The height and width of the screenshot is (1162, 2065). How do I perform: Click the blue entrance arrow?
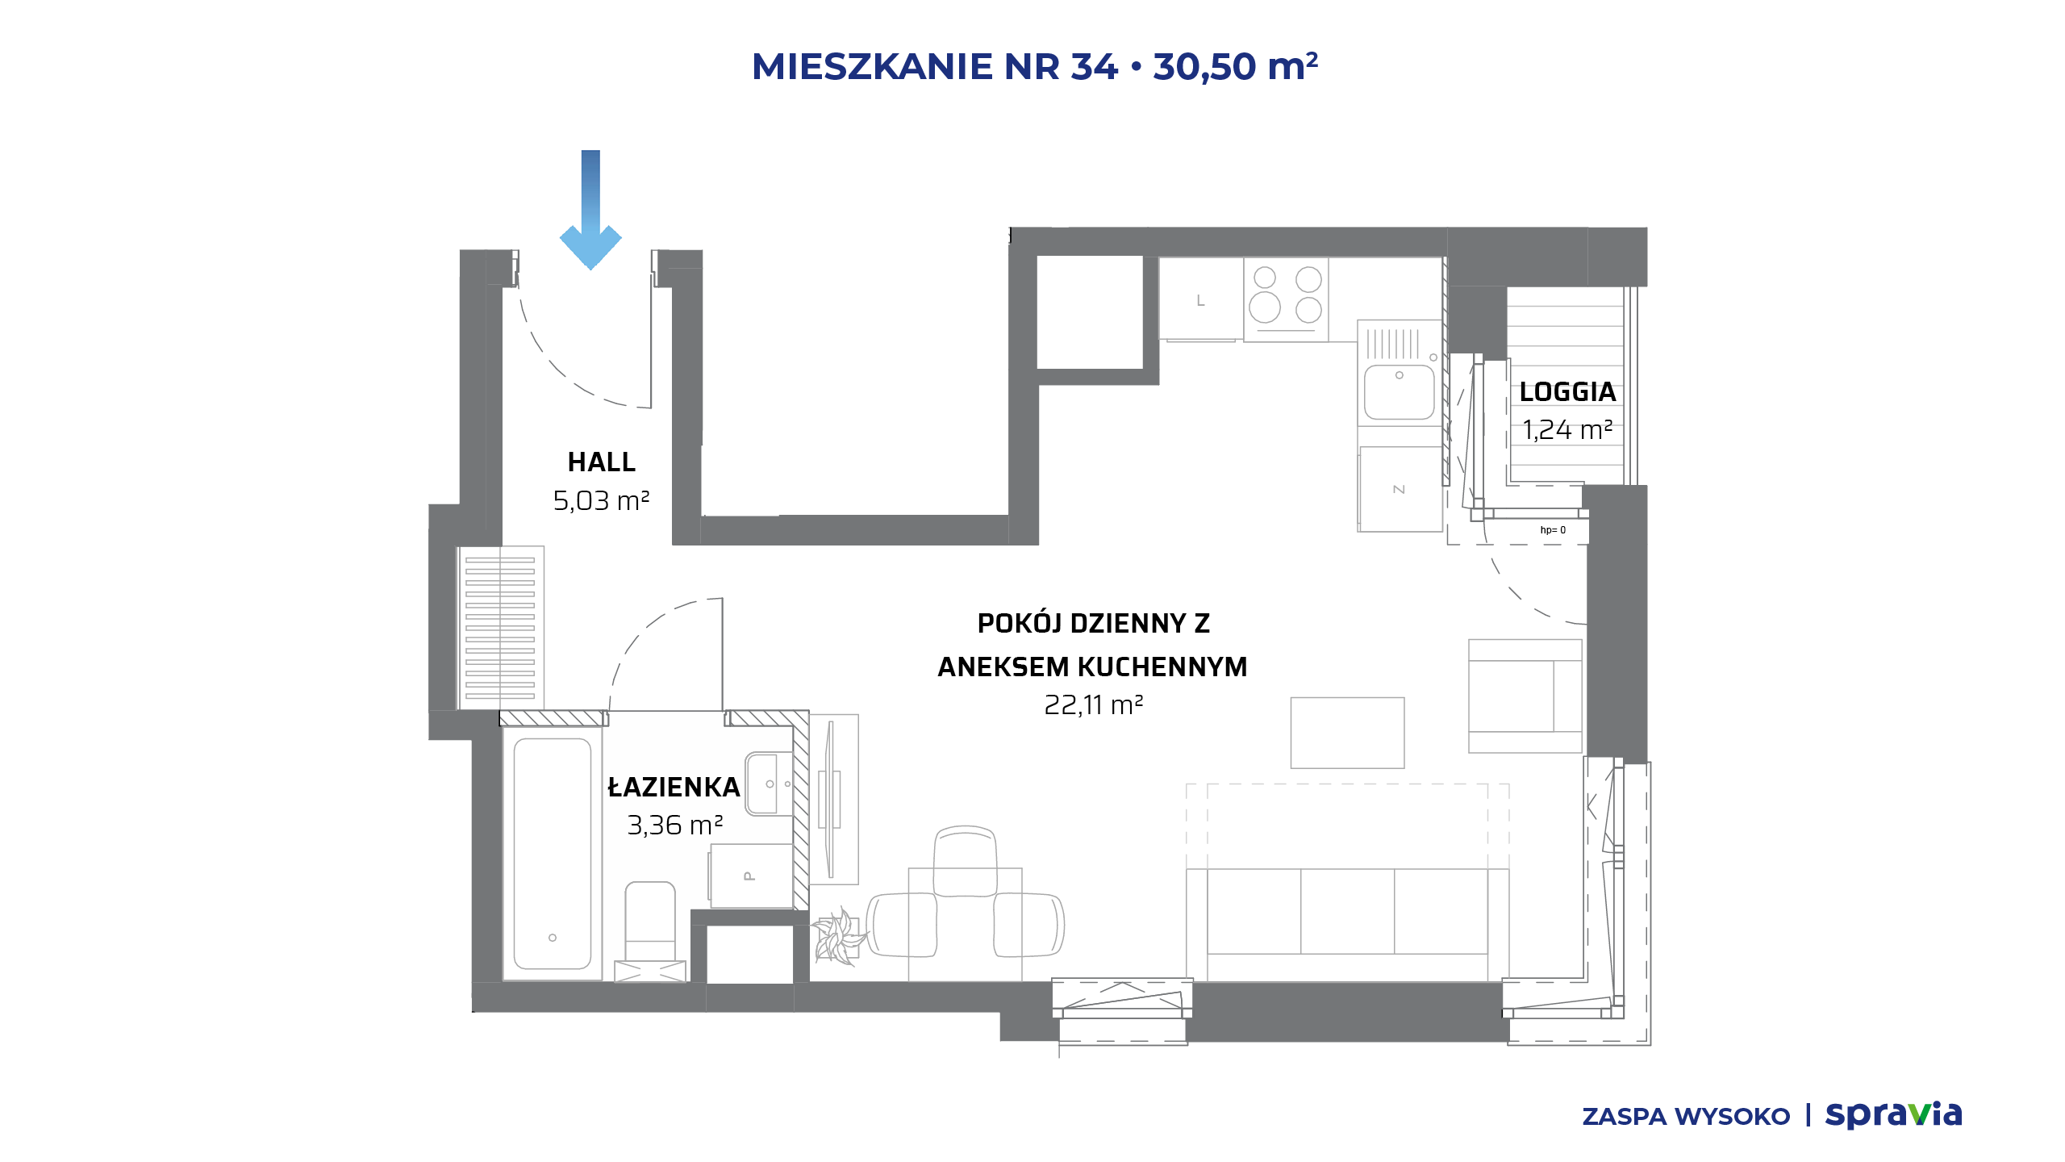590,209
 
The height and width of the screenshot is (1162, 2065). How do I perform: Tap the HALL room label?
602,462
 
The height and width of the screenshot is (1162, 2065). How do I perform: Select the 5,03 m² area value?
602,501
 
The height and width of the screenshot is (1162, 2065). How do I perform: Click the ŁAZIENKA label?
674,787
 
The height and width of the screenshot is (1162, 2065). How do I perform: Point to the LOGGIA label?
1567,392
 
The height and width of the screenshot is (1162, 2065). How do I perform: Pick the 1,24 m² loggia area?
1567,430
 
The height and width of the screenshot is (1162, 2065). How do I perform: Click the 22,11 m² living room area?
1094,705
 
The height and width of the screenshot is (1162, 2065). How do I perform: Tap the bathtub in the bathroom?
553,854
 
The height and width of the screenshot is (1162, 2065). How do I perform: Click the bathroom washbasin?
769,784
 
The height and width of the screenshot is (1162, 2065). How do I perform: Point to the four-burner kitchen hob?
1286,299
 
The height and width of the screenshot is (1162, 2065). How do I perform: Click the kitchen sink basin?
1399,391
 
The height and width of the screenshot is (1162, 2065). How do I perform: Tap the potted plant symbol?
839,937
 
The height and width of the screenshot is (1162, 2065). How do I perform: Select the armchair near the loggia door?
1525,696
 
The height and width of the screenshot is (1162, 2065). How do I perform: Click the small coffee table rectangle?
1347,733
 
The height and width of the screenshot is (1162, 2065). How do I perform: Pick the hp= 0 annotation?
1553,530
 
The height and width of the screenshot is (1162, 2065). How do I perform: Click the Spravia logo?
1893,1114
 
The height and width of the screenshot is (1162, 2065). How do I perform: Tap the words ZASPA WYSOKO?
1686,1117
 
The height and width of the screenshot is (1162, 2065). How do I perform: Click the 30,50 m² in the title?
1236,66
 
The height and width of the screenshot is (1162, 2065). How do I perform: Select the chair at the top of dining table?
965,861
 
